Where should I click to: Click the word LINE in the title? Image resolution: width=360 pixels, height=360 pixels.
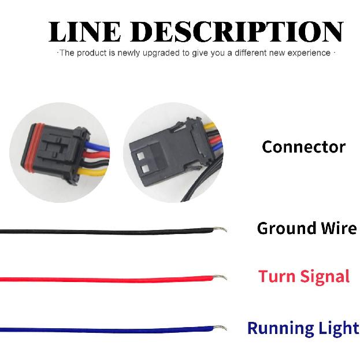tap(85, 32)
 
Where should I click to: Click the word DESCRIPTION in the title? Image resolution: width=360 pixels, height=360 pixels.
tap(237, 32)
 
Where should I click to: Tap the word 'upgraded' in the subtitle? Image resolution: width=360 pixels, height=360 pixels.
tap(162, 53)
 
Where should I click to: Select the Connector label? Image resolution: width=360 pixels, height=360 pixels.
tap(303, 147)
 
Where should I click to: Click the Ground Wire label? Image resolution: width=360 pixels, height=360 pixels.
tap(307, 228)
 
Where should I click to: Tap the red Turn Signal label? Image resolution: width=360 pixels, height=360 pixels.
tap(304, 276)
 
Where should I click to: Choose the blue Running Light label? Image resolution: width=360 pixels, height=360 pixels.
tap(303, 328)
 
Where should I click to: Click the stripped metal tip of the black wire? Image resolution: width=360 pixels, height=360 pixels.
tap(220, 229)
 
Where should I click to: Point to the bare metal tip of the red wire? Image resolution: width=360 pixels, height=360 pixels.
tap(220, 277)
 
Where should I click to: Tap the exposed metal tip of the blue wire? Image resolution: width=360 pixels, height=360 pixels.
tap(220, 328)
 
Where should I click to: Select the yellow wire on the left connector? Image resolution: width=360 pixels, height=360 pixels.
tap(92, 171)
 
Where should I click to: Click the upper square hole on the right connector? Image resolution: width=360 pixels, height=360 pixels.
tap(140, 156)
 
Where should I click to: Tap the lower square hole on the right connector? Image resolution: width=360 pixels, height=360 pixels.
tap(146, 169)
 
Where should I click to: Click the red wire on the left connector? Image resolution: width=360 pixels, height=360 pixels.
tap(96, 155)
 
